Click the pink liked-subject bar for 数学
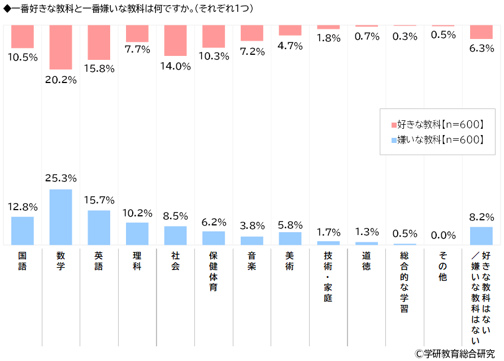pyautogui.click(x=60, y=47)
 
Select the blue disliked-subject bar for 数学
pyautogui.click(x=60, y=217)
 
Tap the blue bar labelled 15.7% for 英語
pyautogui.click(x=99, y=227)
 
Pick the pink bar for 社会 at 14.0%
pyautogui.click(x=175, y=40)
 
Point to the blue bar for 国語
pyautogui.click(x=23, y=230)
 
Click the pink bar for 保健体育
pyautogui.click(x=214, y=36)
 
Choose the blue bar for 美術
pyautogui.click(x=290, y=238)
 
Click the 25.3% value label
pyautogui.click(x=60, y=179)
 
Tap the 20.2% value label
pyautogui.click(x=60, y=80)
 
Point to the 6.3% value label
pyautogui.click(x=482, y=49)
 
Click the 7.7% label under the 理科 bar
pyautogui.click(x=137, y=50)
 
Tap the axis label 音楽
pyautogui.click(x=251, y=261)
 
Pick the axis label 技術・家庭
pyautogui.click(x=328, y=277)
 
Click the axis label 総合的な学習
pyautogui.click(x=405, y=282)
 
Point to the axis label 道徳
pyautogui.click(x=367, y=261)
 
